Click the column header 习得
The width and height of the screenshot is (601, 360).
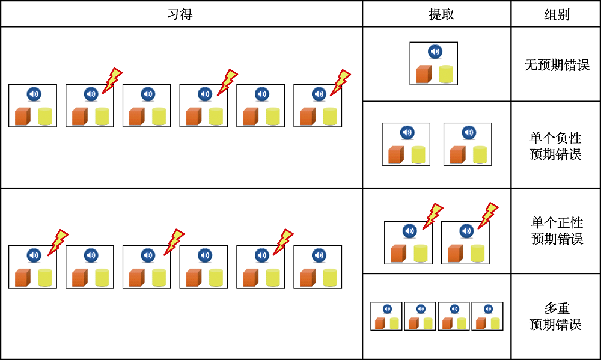pyautogui.click(x=180, y=14)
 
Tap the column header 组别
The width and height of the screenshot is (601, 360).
pyautogui.click(x=556, y=14)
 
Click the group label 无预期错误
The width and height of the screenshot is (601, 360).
pyautogui.click(x=556, y=65)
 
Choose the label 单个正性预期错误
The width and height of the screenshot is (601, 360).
pyautogui.click(x=557, y=231)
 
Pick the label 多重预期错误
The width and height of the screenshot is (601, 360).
pyautogui.click(x=556, y=317)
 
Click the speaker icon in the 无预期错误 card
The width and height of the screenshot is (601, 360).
pyautogui.click(x=435, y=52)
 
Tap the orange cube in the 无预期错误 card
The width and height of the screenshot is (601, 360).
pyautogui.click(x=424, y=74)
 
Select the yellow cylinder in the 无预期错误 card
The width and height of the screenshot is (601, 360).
pyautogui.click(x=445, y=74)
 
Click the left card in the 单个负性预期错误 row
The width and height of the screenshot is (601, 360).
pyautogui.click(x=406, y=144)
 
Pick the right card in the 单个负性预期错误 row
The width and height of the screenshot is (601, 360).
pyautogui.click(x=468, y=144)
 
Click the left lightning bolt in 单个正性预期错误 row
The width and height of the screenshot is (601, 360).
pyautogui.click(x=433, y=216)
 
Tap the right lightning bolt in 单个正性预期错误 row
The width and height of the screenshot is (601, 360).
pyautogui.click(x=487, y=216)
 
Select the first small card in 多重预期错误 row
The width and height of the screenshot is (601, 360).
pyautogui.click(x=386, y=316)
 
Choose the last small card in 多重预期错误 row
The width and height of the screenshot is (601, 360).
pyautogui.click(x=487, y=316)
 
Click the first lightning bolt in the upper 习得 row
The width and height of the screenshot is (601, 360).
pyautogui.click(x=111, y=81)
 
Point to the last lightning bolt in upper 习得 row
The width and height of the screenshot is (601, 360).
pyautogui.click(x=340, y=82)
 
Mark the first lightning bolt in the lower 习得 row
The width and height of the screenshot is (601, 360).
pyautogui.click(x=58, y=242)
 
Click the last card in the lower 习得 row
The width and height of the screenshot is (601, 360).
pyautogui.click(x=317, y=267)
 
